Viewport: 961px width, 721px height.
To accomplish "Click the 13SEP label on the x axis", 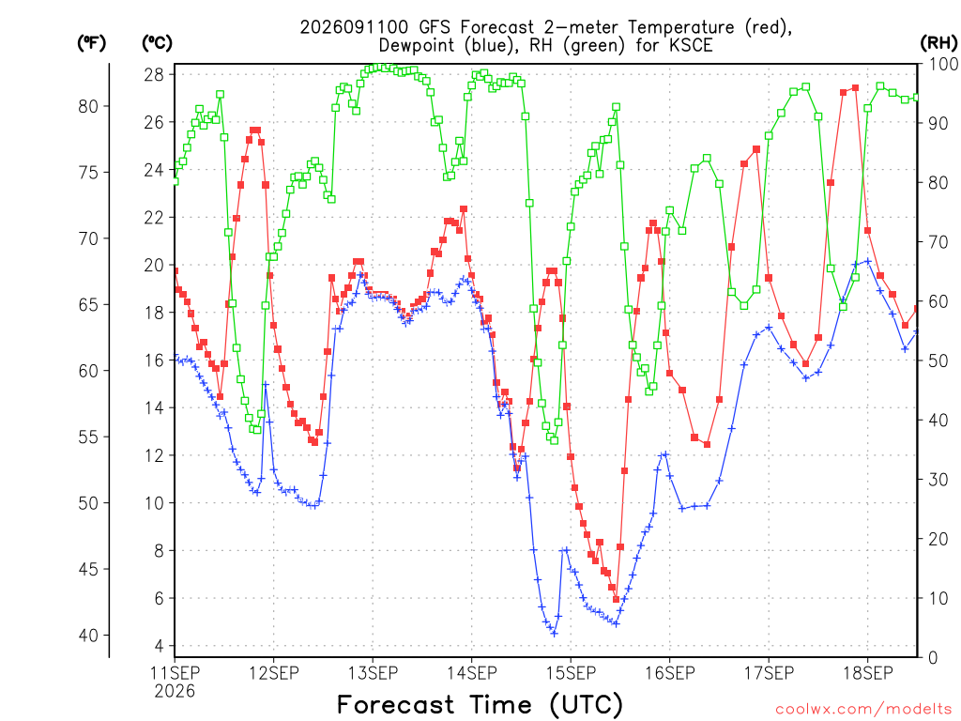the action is click(373, 673).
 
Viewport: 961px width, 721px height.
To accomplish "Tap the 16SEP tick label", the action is click(670, 673).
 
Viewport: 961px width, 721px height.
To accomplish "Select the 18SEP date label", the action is click(868, 673).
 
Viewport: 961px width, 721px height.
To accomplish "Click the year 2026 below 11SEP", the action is click(175, 692).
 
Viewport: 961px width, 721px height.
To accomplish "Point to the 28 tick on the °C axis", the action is click(154, 75).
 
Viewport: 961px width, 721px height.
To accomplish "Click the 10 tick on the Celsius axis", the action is click(154, 503).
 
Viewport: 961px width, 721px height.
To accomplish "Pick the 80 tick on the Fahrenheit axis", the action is click(88, 107).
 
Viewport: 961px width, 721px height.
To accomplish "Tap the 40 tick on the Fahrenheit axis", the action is click(88, 636).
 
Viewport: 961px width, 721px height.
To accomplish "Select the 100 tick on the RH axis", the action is click(943, 64).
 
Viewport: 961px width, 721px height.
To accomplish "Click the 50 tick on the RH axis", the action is click(938, 361).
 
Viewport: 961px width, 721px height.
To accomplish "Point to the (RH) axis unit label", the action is click(938, 42).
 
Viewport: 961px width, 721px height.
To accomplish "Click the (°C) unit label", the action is click(157, 42).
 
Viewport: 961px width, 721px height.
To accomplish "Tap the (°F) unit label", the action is click(91, 42).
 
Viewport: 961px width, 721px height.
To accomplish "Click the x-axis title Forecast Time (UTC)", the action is click(480, 705).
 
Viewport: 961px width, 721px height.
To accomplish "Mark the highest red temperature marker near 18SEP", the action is click(855, 87).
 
